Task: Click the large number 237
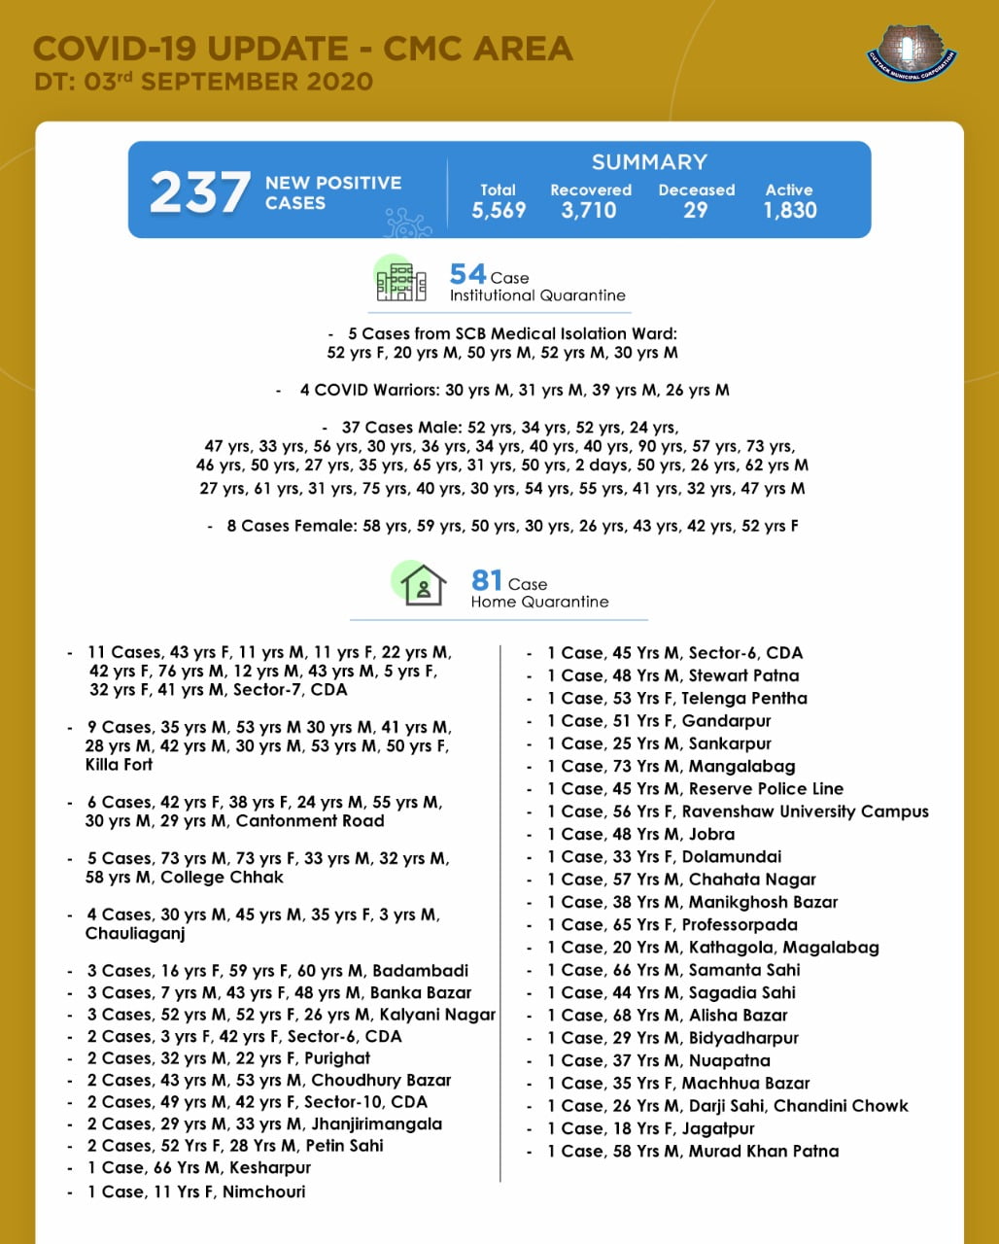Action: point(199,191)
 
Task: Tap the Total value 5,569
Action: point(499,210)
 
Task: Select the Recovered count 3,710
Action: point(589,210)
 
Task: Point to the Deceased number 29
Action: point(696,210)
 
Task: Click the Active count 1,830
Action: point(789,210)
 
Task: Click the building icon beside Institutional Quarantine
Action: point(401,281)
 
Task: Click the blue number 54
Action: point(467,275)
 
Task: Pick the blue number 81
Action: point(487,581)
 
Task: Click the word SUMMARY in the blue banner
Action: point(649,162)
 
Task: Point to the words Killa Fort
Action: point(119,765)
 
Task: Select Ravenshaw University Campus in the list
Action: point(805,812)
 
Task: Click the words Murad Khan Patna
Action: point(764,1151)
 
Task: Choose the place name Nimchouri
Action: point(263,1192)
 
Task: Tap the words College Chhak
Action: point(222,878)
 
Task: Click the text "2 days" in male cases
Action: point(601,466)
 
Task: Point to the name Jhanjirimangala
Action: point(376,1123)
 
